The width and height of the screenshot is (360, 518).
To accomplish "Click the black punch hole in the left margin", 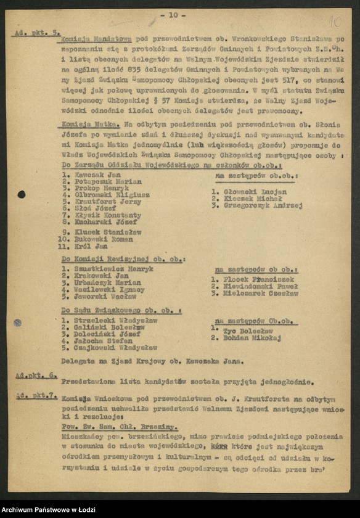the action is [x=21, y=194].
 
